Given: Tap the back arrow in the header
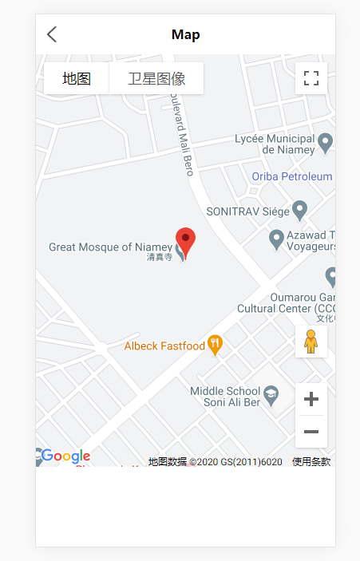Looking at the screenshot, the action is pyautogui.click(x=52, y=34).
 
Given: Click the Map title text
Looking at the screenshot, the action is pyautogui.click(x=185, y=34).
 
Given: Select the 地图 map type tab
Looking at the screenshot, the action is pyautogui.click(x=77, y=78).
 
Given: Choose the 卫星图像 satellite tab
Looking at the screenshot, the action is pyautogui.click(x=156, y=78).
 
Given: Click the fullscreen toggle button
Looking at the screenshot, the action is pyautogui.click(x=311, y=78).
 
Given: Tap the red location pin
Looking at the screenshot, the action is pyautogui.click(x=185, y=241).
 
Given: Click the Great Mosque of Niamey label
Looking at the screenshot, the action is pyautogui.click(x=110, y=247).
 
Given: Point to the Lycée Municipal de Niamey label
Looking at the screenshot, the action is pyautogui.click(x=275, y=144).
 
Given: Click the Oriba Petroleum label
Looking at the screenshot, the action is pyautogui.click(x=291, y=176).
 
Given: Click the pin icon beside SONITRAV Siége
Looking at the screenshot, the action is pyautogui.click(x=300, y=210).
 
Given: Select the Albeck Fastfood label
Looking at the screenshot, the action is pyautogui.click(x=164, y=346).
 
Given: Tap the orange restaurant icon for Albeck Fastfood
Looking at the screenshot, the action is pyautogui.click(x=215, y=345).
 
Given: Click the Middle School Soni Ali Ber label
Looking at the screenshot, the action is pyautogui.click(x=225, y=396).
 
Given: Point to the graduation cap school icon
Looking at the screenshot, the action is pyautogui.click(x=271, y=393).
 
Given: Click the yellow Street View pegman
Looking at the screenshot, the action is pyautogui.click(x=311, y=342).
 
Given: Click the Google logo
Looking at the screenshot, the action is pyautogui.click(x=65, y=456).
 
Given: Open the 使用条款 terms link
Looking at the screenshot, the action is pyautogui.click(x=311, y=461).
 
